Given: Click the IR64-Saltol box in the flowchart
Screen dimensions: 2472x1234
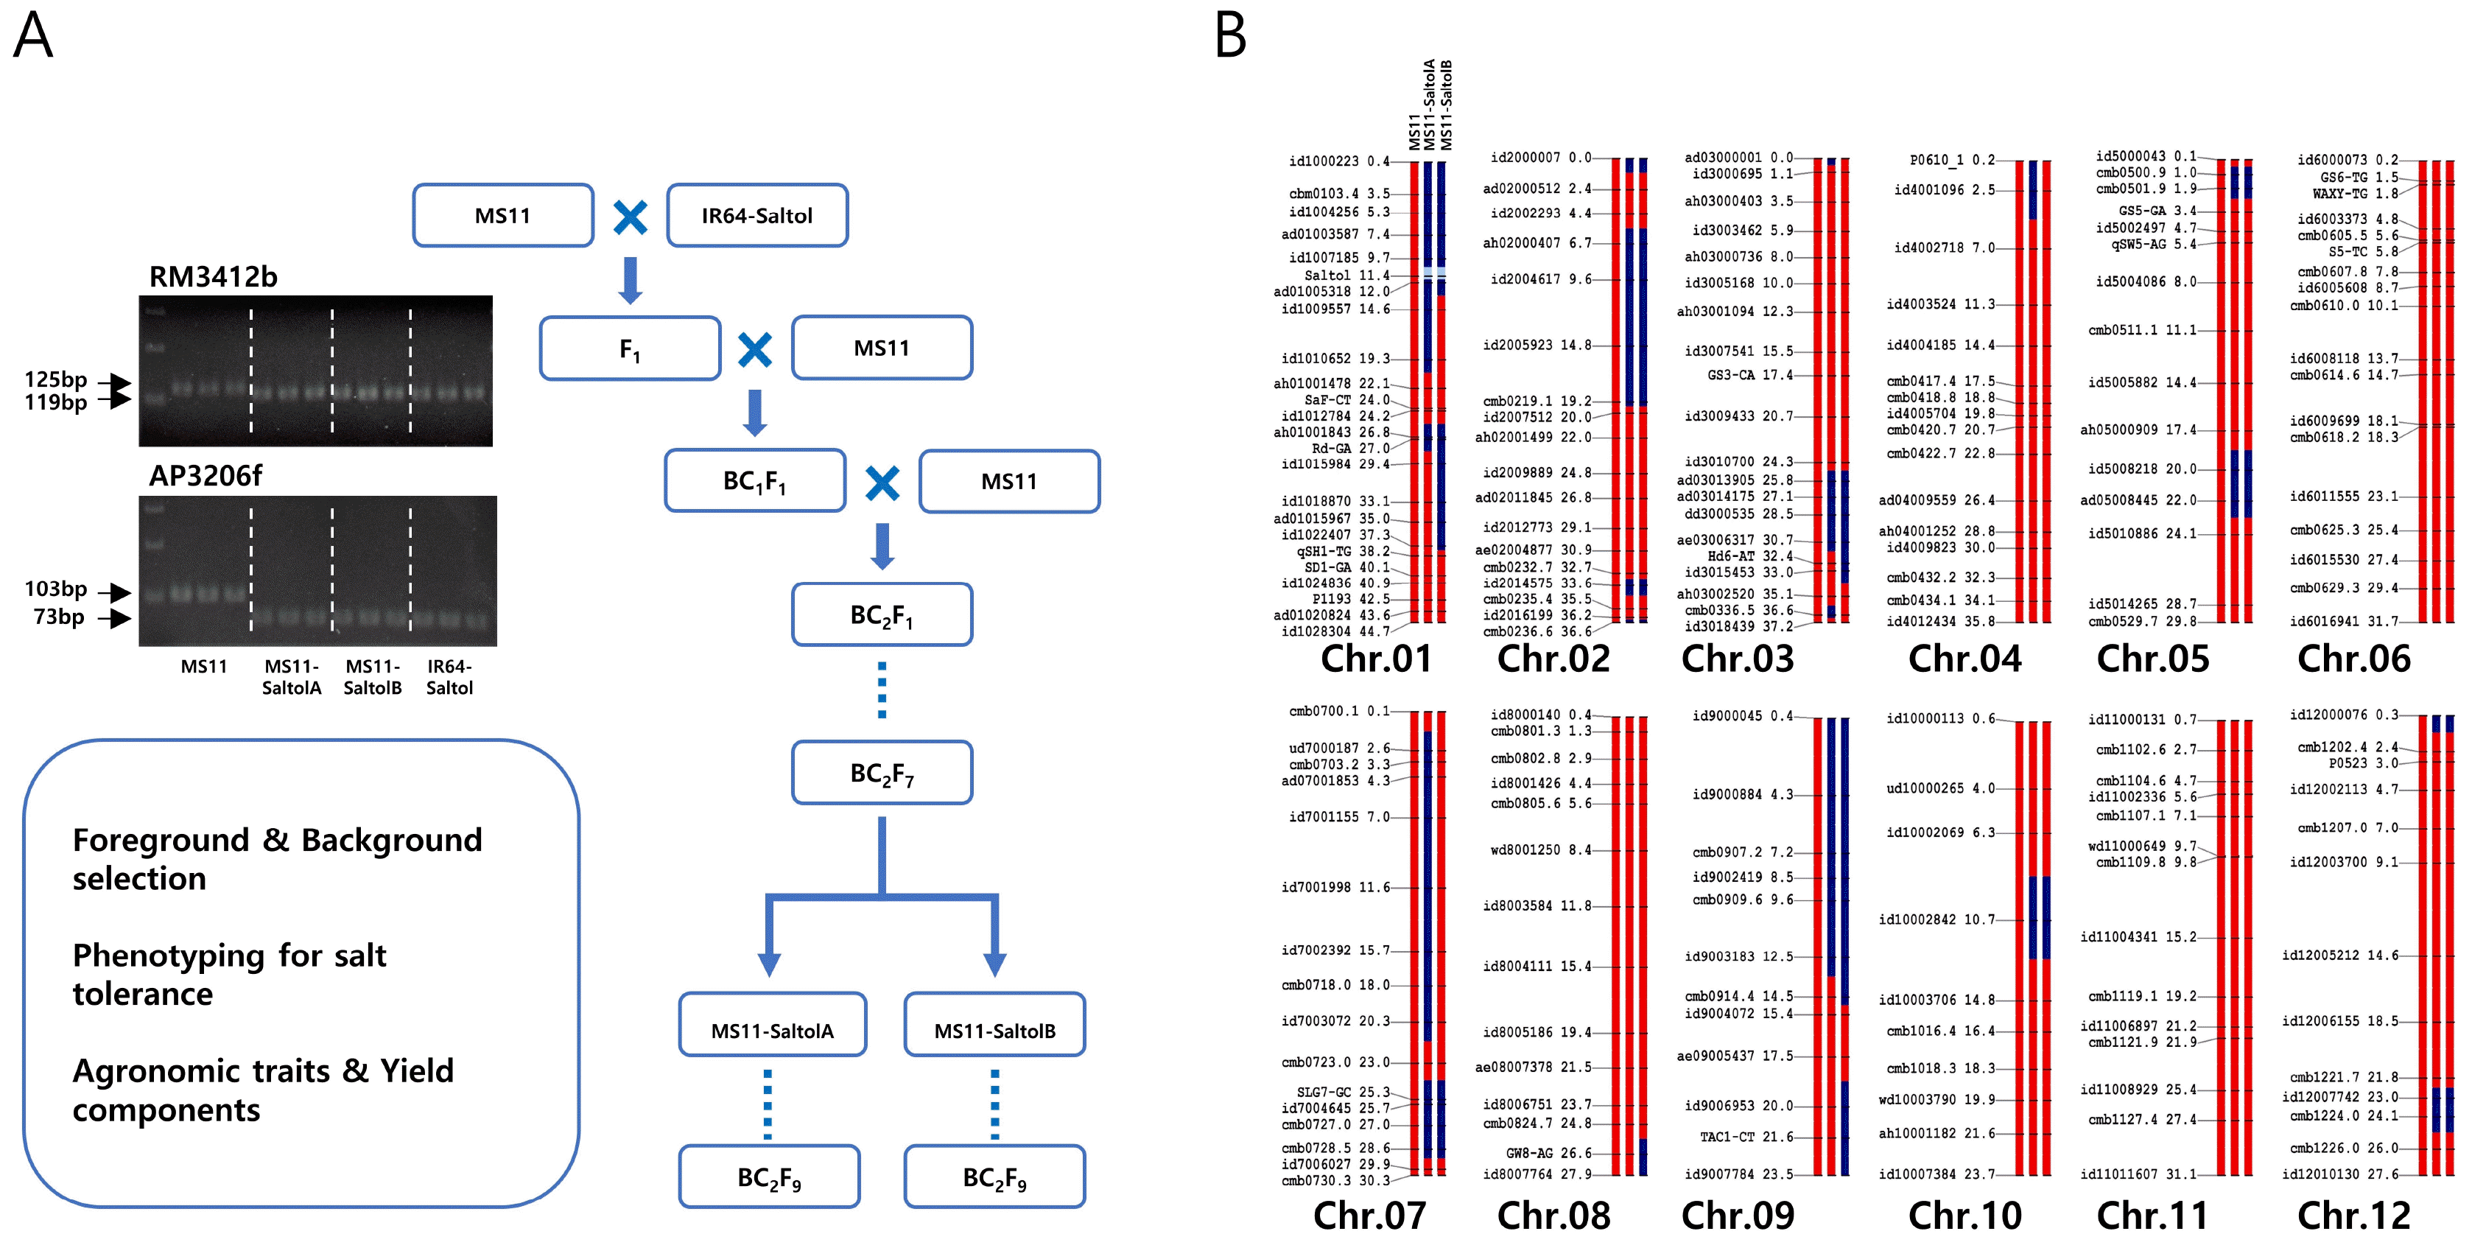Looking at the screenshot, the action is point(757,215).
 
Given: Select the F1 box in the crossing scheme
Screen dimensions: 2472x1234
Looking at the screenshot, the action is point(630,348).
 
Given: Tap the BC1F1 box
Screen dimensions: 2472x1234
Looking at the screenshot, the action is point(755,481).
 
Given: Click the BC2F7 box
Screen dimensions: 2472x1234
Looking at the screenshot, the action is point(882,773).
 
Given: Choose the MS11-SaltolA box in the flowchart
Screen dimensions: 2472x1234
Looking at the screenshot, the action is point(773,1025).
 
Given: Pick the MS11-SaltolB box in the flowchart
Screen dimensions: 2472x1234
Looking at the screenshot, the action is point(995,1025).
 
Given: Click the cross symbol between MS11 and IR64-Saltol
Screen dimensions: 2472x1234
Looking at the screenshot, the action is point(631,217).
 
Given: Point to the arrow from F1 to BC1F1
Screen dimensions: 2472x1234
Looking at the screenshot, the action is point(755,413).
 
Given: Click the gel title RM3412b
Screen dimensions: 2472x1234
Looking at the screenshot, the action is point(213,277).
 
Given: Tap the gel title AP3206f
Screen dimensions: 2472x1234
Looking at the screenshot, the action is point(206,476).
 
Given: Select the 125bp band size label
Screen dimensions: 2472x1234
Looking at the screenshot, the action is point(56,380).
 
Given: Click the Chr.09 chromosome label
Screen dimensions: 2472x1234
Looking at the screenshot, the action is point(1738,1215).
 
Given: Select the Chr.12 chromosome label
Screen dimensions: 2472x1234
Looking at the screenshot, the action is point(2354,1215).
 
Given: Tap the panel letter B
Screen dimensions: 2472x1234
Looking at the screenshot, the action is point(1230,35).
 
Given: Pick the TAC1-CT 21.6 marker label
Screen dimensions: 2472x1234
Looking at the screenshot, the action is point(1746,1137).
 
